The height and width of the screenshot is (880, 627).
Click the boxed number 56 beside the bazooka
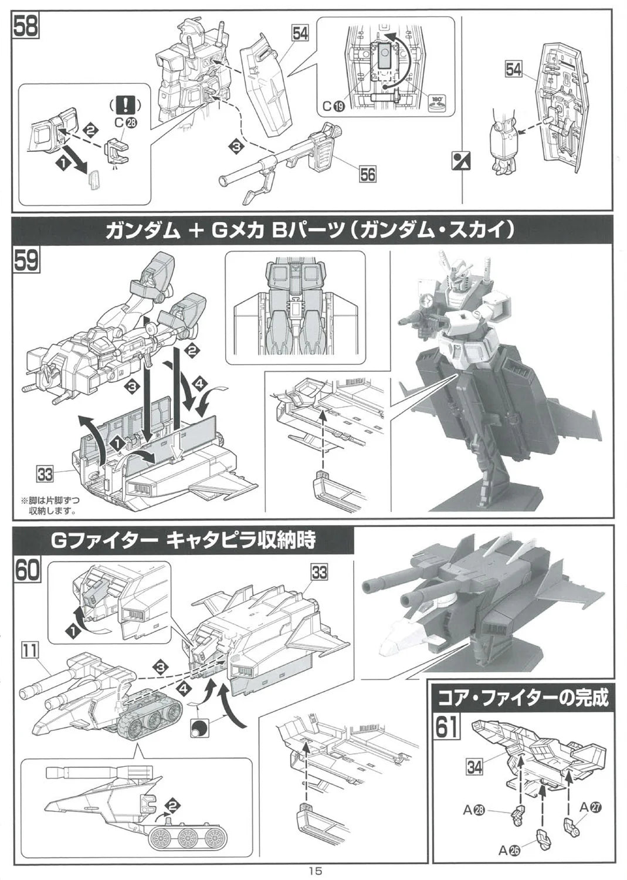(367, 174)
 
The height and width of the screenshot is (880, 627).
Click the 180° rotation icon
(436, 101)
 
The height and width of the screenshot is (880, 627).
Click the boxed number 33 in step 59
(45, 475)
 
